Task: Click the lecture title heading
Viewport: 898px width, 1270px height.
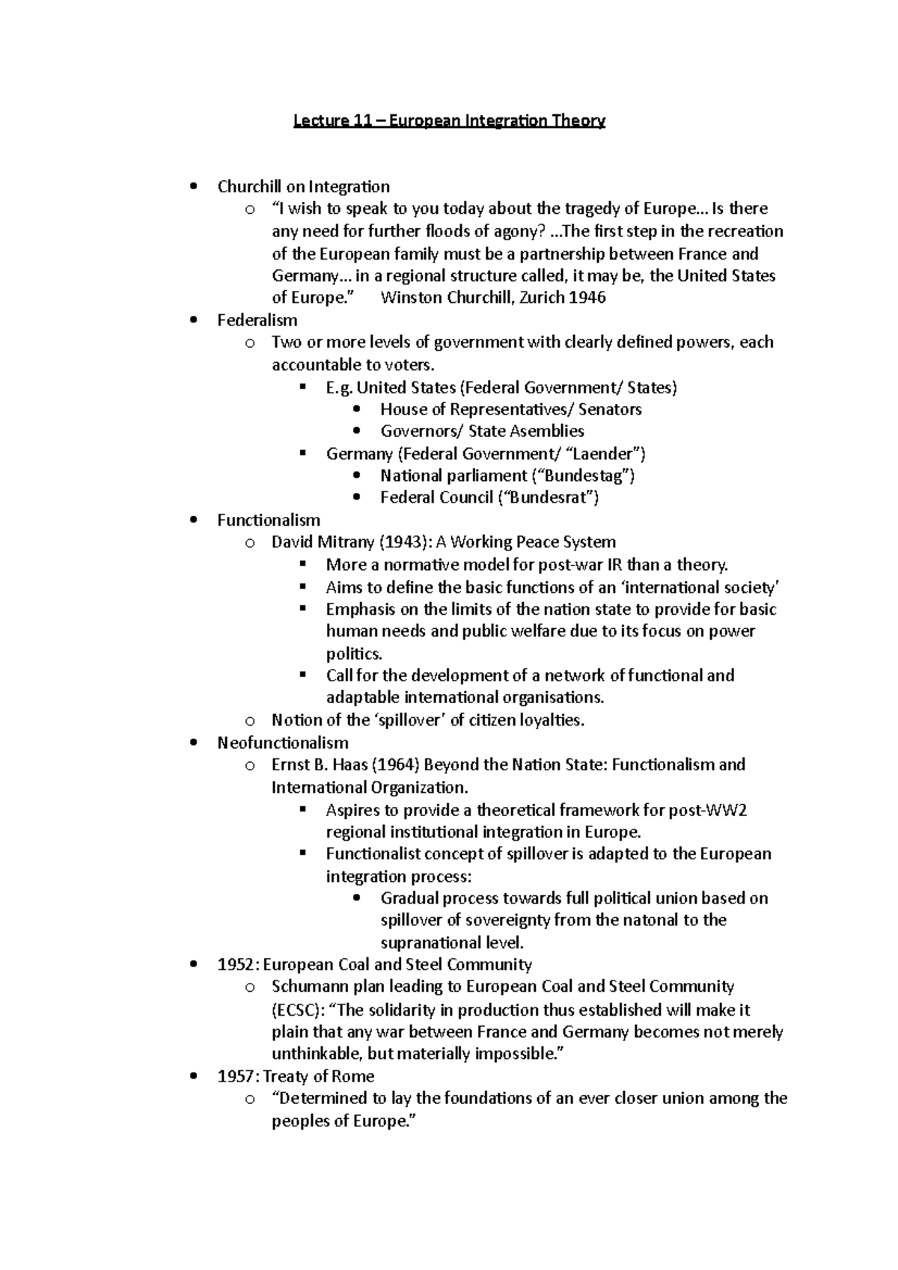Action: [x=448, y=120]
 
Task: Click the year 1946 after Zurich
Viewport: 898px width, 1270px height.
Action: [x=587, y=298]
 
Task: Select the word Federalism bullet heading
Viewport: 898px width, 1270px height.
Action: [x=257, y=320]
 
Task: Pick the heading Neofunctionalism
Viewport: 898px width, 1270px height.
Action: [x=282, y=743]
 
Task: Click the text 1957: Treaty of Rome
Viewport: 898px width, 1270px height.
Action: [x=296, y=1076]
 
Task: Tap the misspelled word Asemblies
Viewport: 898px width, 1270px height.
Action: [x=548, y=431]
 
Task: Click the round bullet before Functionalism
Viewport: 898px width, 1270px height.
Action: [x=195, y=520]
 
